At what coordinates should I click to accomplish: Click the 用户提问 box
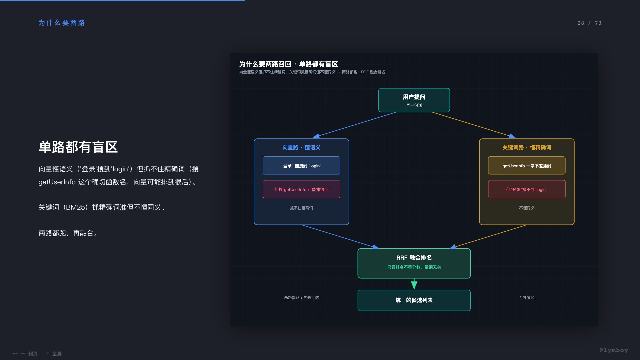coord(414,100)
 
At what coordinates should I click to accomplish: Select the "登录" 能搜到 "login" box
coord(301,165)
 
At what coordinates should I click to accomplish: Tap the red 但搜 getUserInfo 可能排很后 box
coord(301,189)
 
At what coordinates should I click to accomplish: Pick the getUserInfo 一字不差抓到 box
coord(527,165)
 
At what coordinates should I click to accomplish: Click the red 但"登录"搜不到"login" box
coord(527,189)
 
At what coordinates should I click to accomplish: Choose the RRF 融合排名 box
coord(414,263)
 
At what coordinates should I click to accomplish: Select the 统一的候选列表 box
coord(414,300)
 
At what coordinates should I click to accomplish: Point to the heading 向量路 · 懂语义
coord(301,147)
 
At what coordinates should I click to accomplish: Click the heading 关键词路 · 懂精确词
coord(527,147)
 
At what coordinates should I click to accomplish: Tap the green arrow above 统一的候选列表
coord(414,284)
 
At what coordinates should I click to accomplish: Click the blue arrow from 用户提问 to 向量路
coord(355,125)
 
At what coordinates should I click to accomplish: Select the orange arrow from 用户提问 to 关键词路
coord(473,125)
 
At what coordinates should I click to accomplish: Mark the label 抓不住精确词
coord(301,208)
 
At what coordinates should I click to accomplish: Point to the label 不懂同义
coord(527,208)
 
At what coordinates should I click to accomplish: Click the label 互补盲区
coord(527,298)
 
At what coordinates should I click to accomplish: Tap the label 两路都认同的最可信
coord(301,298)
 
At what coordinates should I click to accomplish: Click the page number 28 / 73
coord(589,23)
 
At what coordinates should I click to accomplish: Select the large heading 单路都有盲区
coord(78,147)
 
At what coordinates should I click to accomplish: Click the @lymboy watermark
coord(613,350)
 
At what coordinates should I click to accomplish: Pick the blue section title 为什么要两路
coord(62,23)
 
